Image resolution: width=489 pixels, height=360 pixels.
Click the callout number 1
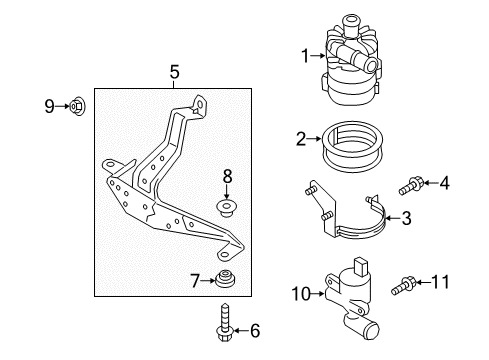tap(305, 56)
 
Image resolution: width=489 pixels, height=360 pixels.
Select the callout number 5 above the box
tap(174, 72)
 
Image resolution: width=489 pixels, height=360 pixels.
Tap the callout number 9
tap(49, 106)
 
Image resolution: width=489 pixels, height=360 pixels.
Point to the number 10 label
tap(301, 294)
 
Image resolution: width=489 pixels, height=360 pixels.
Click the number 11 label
tap(440, 282)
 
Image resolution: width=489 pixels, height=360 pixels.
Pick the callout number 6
tap(255, 331)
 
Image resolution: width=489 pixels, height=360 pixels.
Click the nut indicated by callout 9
tap(77, 106)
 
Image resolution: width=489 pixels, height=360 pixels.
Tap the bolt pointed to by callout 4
tap(410, 186)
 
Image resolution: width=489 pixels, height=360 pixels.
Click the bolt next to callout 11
tap(403, 286)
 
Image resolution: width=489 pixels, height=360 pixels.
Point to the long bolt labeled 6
tap(224, 322)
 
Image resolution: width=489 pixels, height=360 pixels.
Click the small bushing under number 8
tap(226, 207)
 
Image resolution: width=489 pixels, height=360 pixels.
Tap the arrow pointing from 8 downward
tap(227, 192)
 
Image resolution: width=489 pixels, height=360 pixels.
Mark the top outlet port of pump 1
tap(350, 24)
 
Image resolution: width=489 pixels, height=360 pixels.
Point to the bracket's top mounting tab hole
tap(200, 105)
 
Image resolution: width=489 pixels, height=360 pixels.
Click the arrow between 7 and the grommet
tap(209, 281)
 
